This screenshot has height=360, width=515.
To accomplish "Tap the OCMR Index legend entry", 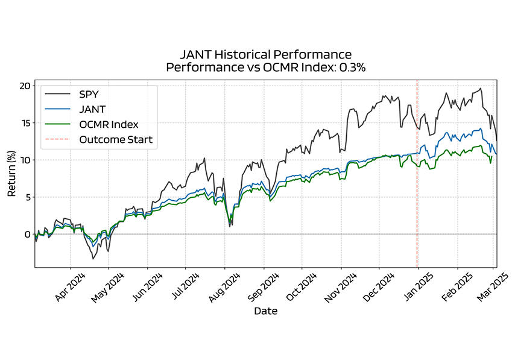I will pyautogui.click(x=109, y=125).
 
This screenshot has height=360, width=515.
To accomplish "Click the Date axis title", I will pyautogui.click(x=265, y=312).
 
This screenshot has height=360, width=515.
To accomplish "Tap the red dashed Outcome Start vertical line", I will pyautogui.click(x=417, y=181).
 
